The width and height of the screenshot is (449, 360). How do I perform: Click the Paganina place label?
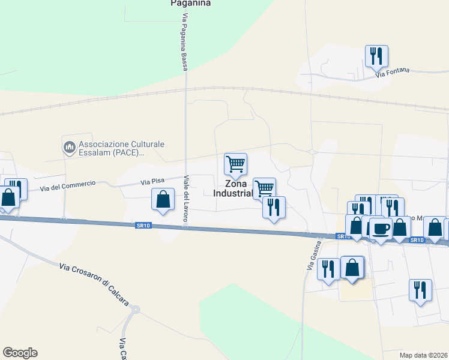pos(190,3)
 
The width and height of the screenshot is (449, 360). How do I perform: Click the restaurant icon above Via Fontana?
pos(376,56)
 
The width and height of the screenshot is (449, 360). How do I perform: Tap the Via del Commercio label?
pos(68,186)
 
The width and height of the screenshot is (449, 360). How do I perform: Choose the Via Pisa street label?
pos(152,181)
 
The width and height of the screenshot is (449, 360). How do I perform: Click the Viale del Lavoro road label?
pos(186,201)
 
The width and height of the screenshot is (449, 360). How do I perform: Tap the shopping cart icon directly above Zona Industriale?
pos(235,164)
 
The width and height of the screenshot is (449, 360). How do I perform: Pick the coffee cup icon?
pos(380,228)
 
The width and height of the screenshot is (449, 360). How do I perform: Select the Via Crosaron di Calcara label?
pos(94,284)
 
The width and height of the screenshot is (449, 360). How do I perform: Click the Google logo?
pos(20,353)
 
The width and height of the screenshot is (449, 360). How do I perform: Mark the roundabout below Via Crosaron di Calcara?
pos(135,310)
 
